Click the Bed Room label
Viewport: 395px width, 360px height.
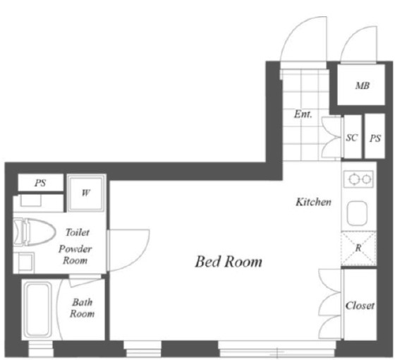click(x=229, y=262)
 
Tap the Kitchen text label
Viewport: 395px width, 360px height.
click(x=313, y=202)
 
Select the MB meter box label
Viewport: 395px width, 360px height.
click(x=363, y=85)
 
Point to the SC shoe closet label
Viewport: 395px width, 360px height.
click(x=352, y=138)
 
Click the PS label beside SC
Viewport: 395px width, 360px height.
click(x=375, y=138)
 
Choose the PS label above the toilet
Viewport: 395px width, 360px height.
click(x=40, y=183)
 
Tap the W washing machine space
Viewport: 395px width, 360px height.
click(x=86, y=193)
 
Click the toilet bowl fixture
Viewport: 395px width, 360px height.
click(x=35, y=232)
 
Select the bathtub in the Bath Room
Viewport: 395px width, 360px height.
click(x=37, y=310)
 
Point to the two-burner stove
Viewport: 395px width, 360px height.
click(x=358, y=179)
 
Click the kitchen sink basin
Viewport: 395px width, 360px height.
click(x=357, y=213)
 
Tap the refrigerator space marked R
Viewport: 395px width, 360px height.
click(x=358, y=248)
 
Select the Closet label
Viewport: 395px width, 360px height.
click(x=360, y=306)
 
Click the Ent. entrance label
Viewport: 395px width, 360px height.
click(x=303, y=114)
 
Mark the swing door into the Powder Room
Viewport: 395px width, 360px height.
click(x=128, y=251)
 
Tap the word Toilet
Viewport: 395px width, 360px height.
click(x=78, y=232)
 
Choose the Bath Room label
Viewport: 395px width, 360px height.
click(x=82, y=308)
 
